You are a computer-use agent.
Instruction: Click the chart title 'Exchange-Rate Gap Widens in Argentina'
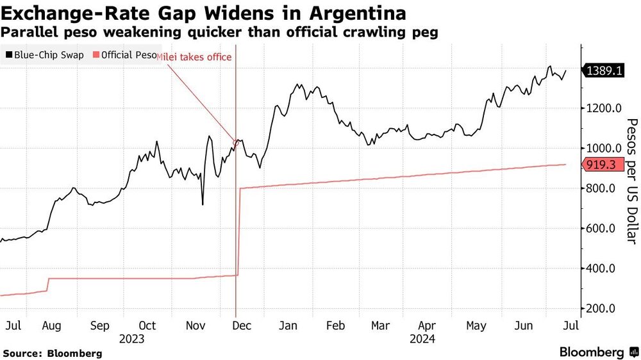204,13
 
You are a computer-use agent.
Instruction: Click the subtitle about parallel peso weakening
221,33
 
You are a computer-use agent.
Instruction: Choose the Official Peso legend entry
126,55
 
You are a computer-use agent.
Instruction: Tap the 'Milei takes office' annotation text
195,58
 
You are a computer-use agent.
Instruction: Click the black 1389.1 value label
603,72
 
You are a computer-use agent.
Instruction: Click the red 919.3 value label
603,165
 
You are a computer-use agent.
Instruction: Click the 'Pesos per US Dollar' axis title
631,181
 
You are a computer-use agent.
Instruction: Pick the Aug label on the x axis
51,325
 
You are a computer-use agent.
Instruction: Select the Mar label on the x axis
380,325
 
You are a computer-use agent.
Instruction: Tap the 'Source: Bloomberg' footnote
53,353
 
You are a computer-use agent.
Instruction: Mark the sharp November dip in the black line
203,204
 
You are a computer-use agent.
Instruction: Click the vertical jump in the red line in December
238,231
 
